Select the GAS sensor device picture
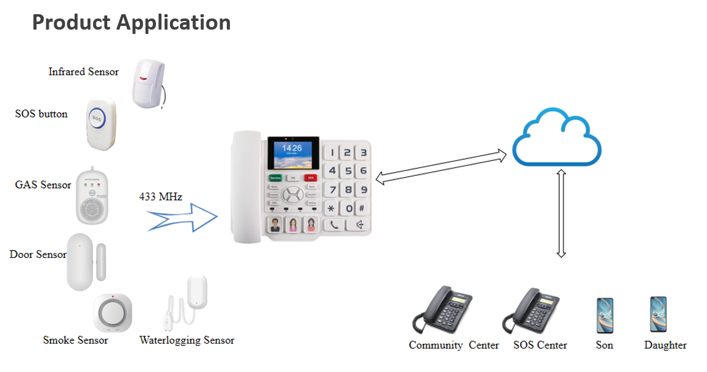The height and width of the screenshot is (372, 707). coord(92,197)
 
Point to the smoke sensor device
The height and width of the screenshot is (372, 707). coord(112,313)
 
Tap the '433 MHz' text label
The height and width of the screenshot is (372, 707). coord(160,197)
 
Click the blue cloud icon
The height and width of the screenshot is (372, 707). coord(557,138)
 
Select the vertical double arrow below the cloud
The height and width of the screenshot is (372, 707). coord(561,213)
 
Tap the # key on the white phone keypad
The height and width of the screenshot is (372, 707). coord(362,209)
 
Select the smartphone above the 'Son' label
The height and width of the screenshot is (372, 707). coord(605,315)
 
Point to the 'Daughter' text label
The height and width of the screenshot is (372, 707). coord(665,345)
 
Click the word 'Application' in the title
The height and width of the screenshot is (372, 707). coord(173,22)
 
